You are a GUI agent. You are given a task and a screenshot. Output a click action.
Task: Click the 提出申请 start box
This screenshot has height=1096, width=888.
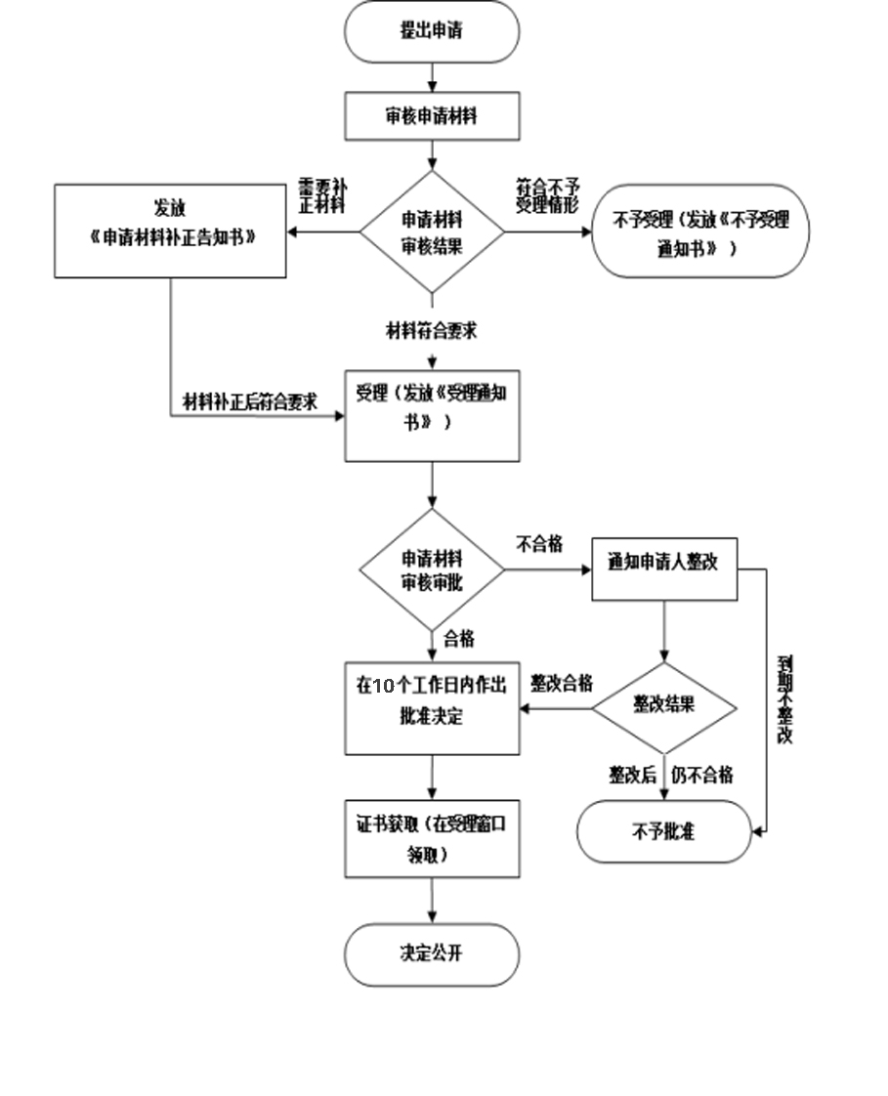(x=431, y=31)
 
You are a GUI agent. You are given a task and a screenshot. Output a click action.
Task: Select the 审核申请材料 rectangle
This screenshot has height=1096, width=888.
(x=431, y=116)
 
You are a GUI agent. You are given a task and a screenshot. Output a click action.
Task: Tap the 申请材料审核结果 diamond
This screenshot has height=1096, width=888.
(x=432, y=232)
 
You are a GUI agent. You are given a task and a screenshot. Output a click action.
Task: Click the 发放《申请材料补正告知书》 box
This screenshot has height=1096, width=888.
(x=170, y=231)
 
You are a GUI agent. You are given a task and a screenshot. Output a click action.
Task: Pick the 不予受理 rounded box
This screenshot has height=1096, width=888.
(x=699, y=232)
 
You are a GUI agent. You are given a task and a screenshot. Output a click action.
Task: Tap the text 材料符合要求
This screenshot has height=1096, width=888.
(x=431, y=331)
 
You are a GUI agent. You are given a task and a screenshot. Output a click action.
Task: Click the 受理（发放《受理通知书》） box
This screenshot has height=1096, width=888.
(x=432, y=415)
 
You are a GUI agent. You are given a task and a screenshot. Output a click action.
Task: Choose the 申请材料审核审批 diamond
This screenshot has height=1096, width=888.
(x=432, y=569)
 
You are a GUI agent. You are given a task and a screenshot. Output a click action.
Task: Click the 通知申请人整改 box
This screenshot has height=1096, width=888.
(x=664, y=569)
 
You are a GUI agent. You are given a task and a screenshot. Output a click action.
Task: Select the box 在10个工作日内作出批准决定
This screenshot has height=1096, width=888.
(x=432, y=707)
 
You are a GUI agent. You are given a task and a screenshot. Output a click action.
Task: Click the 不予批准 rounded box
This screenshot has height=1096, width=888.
(x=664, y=832)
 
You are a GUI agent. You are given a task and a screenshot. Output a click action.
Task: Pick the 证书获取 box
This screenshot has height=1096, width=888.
(x=432, y=839)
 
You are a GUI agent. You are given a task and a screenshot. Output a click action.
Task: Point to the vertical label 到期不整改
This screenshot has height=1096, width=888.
(x=785, y=699)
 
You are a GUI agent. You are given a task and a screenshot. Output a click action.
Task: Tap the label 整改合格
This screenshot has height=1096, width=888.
(x=562, y=684)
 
